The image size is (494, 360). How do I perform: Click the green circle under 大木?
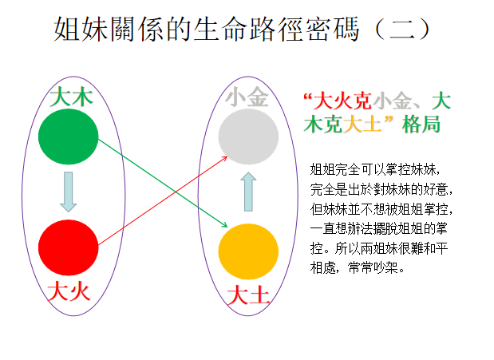(x=68, y=136)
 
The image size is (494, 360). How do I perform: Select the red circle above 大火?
(x=68, y=247)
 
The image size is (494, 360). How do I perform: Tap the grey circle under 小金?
(x=248, y=136)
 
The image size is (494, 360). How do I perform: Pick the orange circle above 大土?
(x=248, y=251)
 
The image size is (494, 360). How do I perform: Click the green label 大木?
(x=71, y=97)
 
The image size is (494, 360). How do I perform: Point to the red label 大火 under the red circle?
(x=69, y=291)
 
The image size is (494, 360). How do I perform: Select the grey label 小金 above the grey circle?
(x=247, y=97)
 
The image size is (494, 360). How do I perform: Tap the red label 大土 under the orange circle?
(x=248, y=295)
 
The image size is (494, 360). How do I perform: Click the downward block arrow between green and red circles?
(x=68, y=192)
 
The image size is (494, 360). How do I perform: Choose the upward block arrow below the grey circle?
(x=248, y=192)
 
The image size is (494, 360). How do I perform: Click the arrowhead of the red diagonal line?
(x=225, y=158)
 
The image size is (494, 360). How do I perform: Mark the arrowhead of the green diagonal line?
(x=225, y=225)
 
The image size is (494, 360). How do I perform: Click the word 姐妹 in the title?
(x=81, y=29)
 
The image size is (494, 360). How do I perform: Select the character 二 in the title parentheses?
(x=402, y=29)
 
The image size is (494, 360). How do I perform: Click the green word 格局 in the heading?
(x=421, y=125)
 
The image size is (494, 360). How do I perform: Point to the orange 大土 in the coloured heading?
(x=362, y=125)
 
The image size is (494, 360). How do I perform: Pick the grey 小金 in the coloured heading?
(x=392, y=101)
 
